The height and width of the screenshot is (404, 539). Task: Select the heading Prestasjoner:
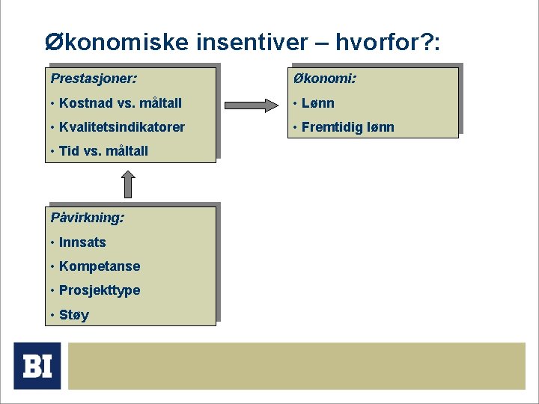click(93, 78)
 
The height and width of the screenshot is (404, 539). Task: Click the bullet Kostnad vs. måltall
click(120, 102)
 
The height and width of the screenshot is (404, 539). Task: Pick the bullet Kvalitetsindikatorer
click(121, 126)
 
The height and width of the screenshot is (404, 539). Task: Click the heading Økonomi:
click(325, 78)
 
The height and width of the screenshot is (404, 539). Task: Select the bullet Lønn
click(317, 102)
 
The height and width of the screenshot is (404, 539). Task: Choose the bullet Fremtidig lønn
click(347, 126)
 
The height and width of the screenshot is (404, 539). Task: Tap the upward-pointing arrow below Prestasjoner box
click(129, 183)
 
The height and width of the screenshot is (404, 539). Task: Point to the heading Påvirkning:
click(88, 218)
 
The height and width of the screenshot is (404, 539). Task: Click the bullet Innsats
click(82, 242)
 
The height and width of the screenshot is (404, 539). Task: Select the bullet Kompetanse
click(99, 266)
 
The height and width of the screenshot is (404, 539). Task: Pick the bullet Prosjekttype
click(99, 290)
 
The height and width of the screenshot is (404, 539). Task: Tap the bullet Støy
click(73, 315)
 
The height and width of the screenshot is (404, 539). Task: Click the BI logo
click(37, 366)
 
